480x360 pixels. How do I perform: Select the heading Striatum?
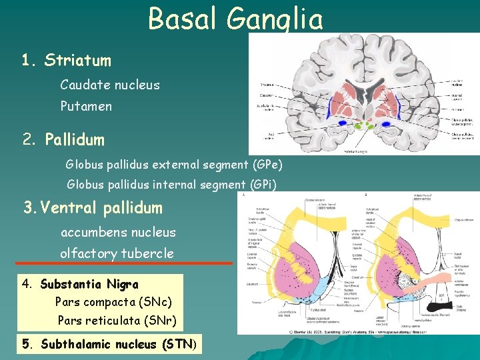77,61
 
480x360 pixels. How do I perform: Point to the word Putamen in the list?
86,106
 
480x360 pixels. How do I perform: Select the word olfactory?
88,253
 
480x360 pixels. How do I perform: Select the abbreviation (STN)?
177,345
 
